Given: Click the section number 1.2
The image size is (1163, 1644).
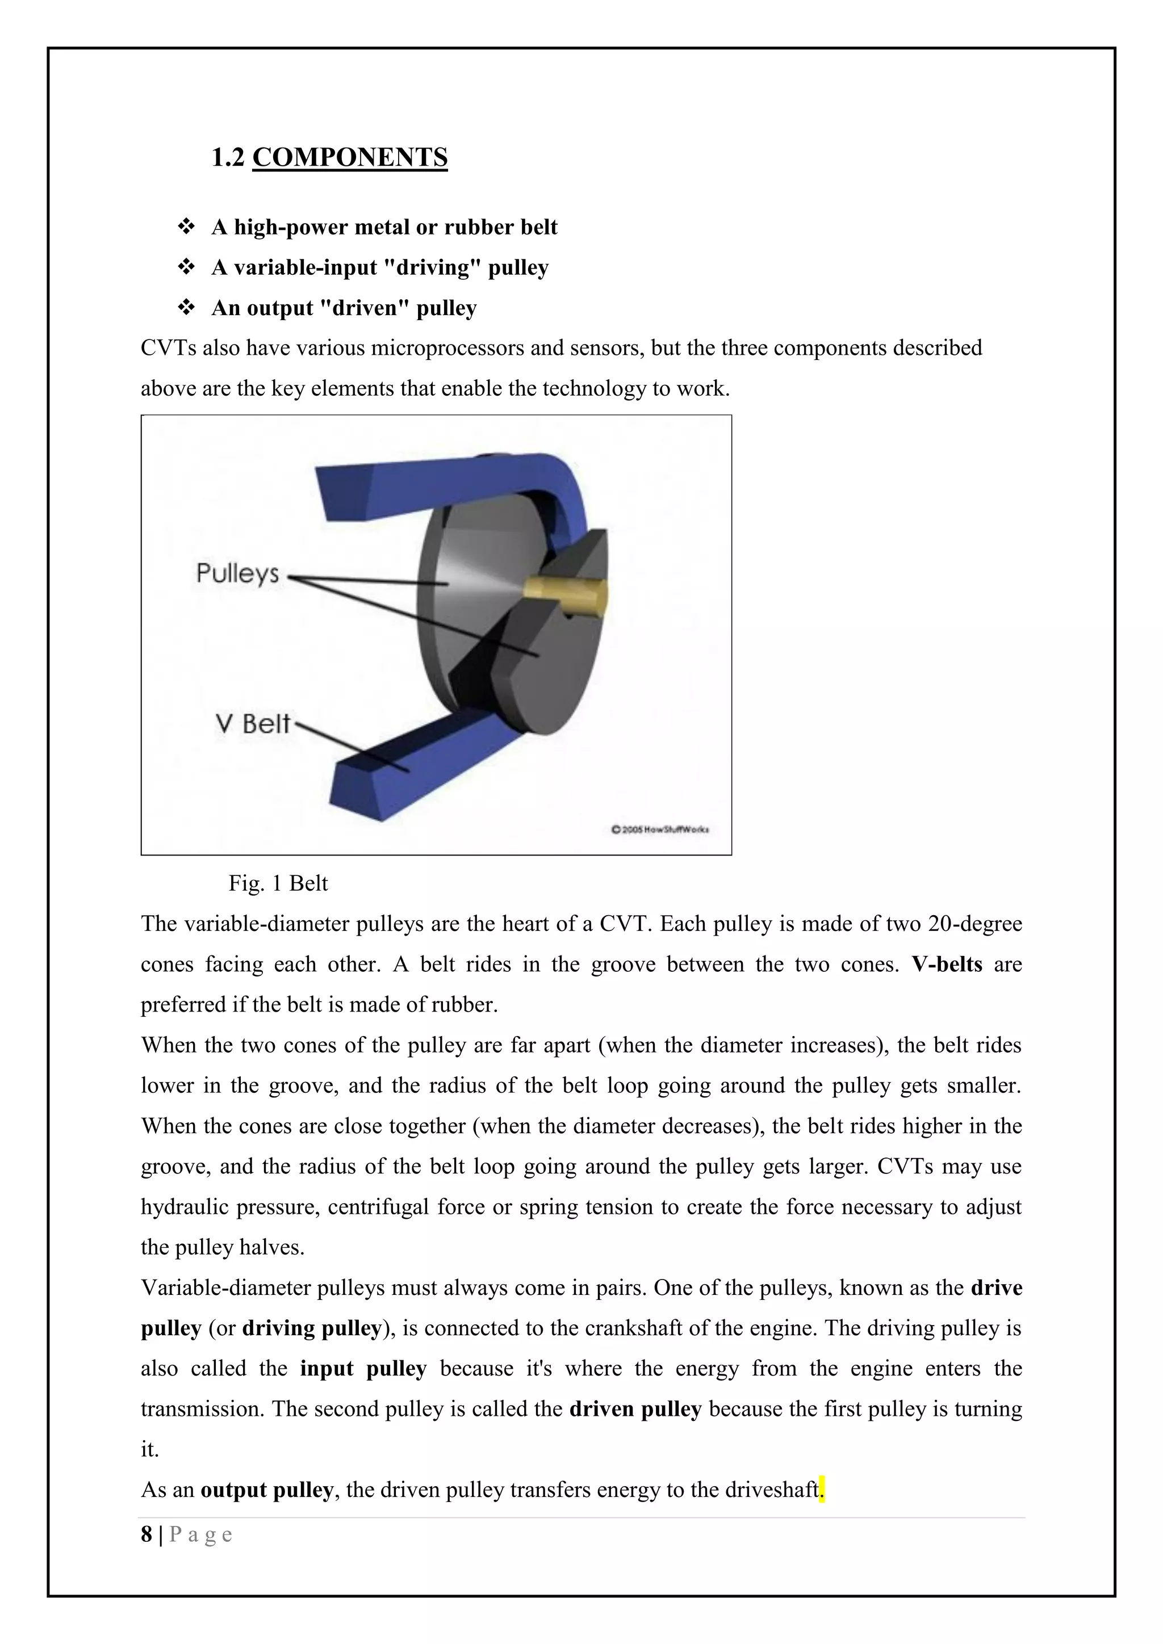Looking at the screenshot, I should click(228, 157).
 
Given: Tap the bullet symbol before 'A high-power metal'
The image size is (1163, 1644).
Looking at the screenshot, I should click(186, 227).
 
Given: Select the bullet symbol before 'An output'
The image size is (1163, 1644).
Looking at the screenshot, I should click(186, 308).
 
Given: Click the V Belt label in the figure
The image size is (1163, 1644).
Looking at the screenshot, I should click(252, 723).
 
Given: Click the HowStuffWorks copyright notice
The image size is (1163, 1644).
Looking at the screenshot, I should click(659, 829).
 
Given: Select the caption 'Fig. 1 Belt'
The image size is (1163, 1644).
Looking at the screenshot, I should click(278, 883).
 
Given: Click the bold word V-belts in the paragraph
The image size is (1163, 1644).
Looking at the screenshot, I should click(947, 964).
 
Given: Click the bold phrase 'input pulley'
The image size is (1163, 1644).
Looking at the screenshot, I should click(363, 1368).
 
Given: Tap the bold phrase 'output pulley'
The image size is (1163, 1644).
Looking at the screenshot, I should click(266, 1490).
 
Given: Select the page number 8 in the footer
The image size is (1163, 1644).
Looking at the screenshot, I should click(147, 1534).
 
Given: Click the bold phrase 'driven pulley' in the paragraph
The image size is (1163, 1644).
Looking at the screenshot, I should click(635, 1408).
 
